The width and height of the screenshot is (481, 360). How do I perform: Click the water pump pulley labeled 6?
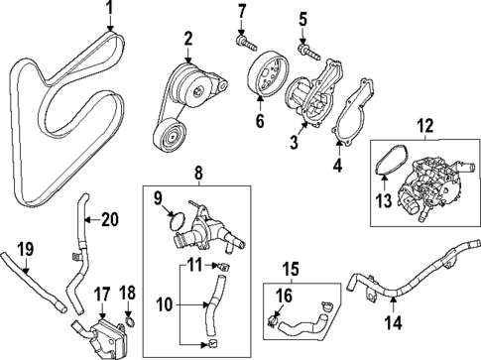tap(263, 77)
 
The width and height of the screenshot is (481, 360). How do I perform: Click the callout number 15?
tap(293, 267)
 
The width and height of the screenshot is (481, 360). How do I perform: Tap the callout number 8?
tap(197, 174)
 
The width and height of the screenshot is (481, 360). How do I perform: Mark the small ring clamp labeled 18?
tap(129, 319)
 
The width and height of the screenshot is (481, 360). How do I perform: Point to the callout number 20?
tap(108, 220)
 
